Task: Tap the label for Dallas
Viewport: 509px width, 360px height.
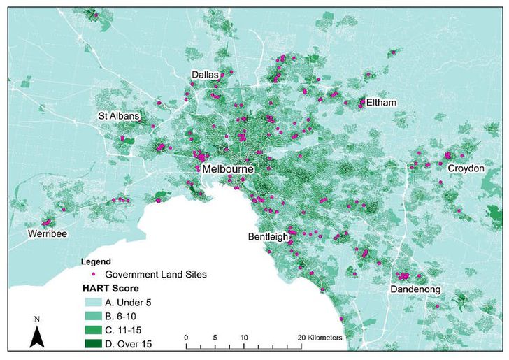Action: pyautogui.click(x=206, y=75)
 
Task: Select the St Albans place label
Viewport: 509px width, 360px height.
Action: pyautogui.click(x=118, y=115)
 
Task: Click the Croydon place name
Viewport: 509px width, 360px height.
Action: pyautogui.click(x=466, y=168)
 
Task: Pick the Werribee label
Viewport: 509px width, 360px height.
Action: pyautogui.click(x=48, y=233)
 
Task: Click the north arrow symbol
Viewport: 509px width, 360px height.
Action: pyautogui.click(x=38, y=336)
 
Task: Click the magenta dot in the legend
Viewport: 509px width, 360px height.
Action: pyautogui.click(x=93, y=273)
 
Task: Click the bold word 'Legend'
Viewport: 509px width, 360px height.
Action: pyautogui.click(x=96, y=261)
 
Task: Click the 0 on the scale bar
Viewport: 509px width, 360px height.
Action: pyautogui.click(x=186, y=337)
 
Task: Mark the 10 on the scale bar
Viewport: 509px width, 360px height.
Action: pyautogui.click(x=243, y=337)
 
